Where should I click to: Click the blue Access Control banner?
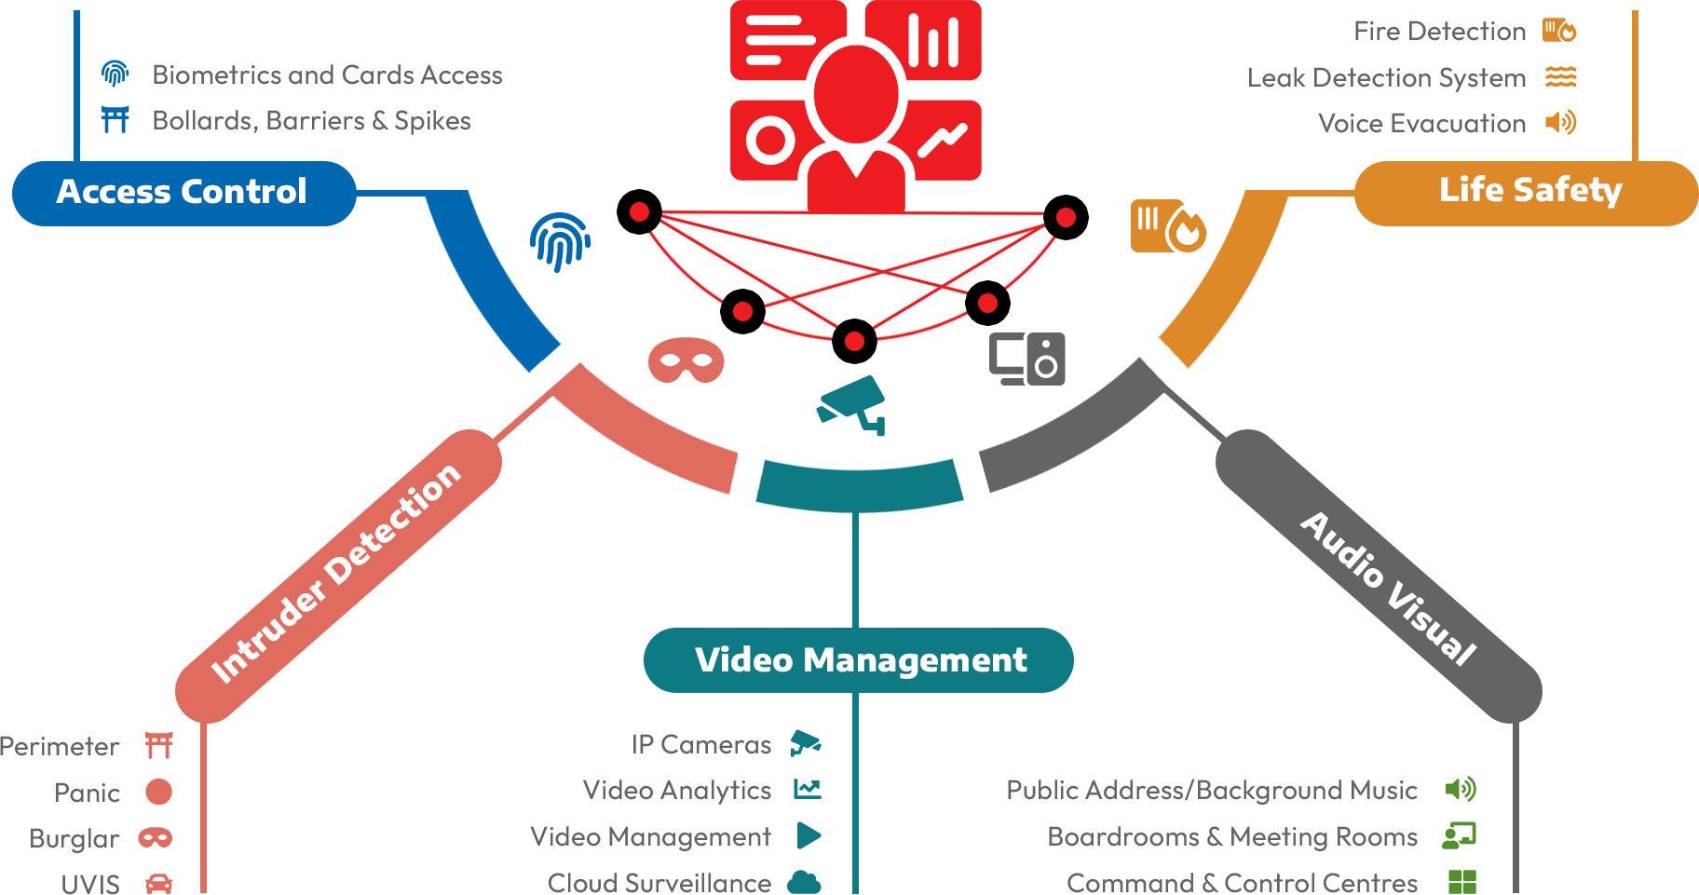click(183, 192)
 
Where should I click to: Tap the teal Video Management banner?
click(859, 659)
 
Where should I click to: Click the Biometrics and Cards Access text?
click(327, 75)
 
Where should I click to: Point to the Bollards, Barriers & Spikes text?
click(311, 121)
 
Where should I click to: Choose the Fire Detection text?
click(1439, 32)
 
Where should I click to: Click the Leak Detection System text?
click(1386, 78)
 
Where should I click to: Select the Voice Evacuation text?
click(1421, 124)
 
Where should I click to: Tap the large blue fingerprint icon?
click(560, 241)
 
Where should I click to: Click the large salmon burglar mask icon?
click(686, 360)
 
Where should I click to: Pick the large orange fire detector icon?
click(1168, 225)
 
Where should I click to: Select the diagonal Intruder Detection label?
click(335, 573)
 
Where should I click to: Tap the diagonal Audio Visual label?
click(1388, 588)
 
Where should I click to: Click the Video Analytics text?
click(676, 791)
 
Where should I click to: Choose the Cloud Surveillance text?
click(659, 882)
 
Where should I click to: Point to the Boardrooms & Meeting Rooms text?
click(1231, 837)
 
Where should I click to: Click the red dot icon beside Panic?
click(158, 792)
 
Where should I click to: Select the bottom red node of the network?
click(854, 342)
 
